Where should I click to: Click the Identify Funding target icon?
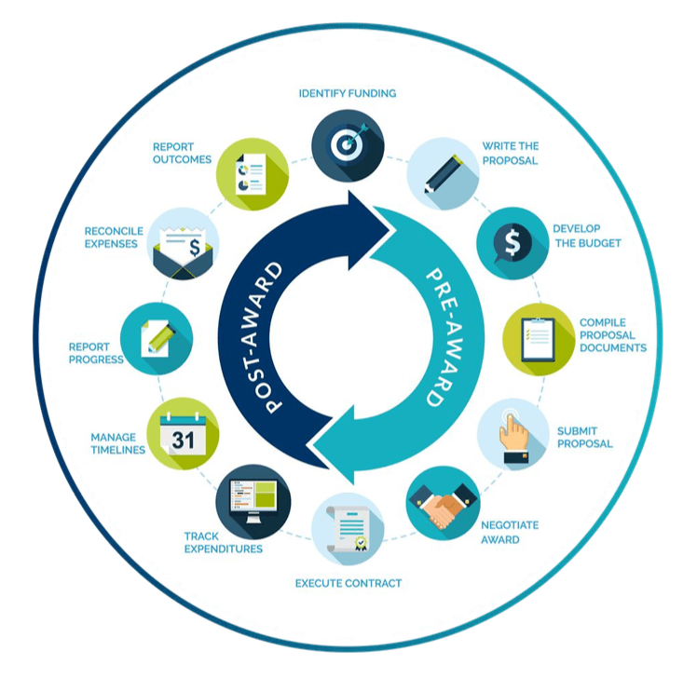(x=348, y=145)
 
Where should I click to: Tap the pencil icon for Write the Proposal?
(x=444, y=173)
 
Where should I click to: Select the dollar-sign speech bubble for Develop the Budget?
(x=512, y=243)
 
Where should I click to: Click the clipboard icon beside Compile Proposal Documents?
(x=539, y=339)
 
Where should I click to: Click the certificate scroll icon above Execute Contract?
(x=348, y=529)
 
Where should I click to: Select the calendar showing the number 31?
(x=184, y=434)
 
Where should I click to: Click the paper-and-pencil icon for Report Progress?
(x=157, y=339)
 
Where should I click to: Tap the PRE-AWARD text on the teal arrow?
(x=444, y=338)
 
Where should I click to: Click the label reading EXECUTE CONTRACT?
(x=348, y=583)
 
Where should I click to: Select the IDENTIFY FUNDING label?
(x=348, y=93)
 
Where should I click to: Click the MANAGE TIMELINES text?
(x=118, y=443)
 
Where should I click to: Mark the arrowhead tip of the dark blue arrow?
(x=396, y=230)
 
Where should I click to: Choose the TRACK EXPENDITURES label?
(x=223, y=542)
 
